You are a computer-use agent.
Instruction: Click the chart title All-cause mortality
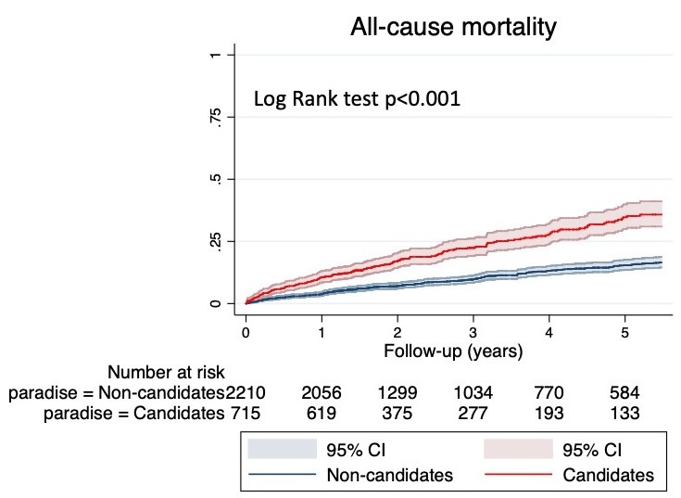click(x=453, y=28)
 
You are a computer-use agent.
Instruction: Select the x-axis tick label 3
click(x=473, y=332)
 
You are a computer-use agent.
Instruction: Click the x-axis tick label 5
click(x=624, y=332)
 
